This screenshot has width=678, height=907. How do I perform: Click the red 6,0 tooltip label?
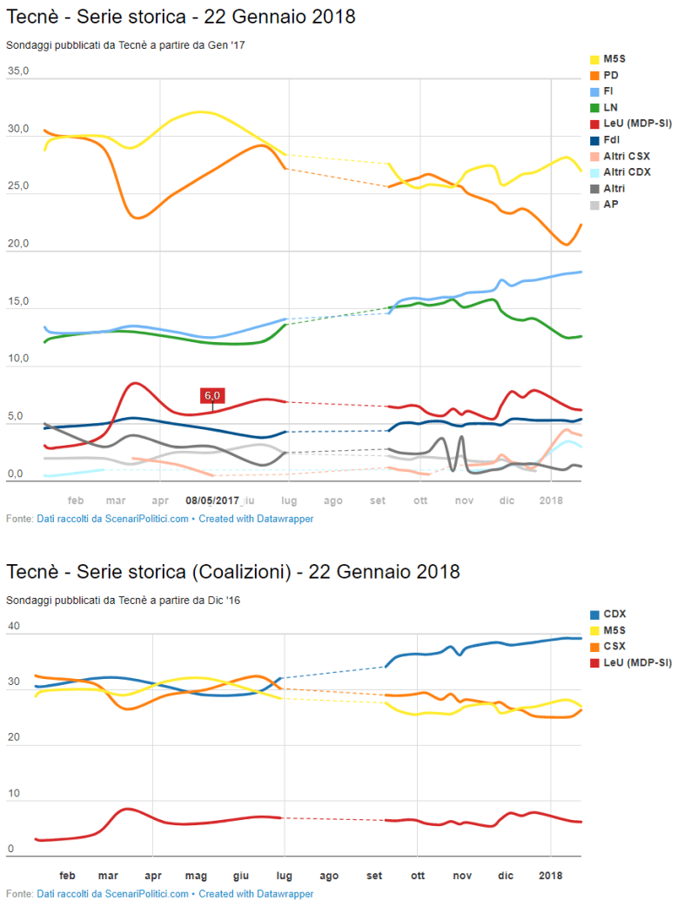212,395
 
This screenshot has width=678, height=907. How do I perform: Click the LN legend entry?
611,107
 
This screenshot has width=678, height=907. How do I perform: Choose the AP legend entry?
611,205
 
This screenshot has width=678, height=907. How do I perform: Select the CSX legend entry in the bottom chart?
614,647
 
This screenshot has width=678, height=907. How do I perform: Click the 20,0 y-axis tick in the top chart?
17,243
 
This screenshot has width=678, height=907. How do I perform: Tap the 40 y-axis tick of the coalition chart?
13,625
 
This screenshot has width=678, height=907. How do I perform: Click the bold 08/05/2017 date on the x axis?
212,501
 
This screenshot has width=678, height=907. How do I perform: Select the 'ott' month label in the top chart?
420,501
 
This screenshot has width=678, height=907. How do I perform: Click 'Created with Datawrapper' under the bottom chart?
256,894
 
